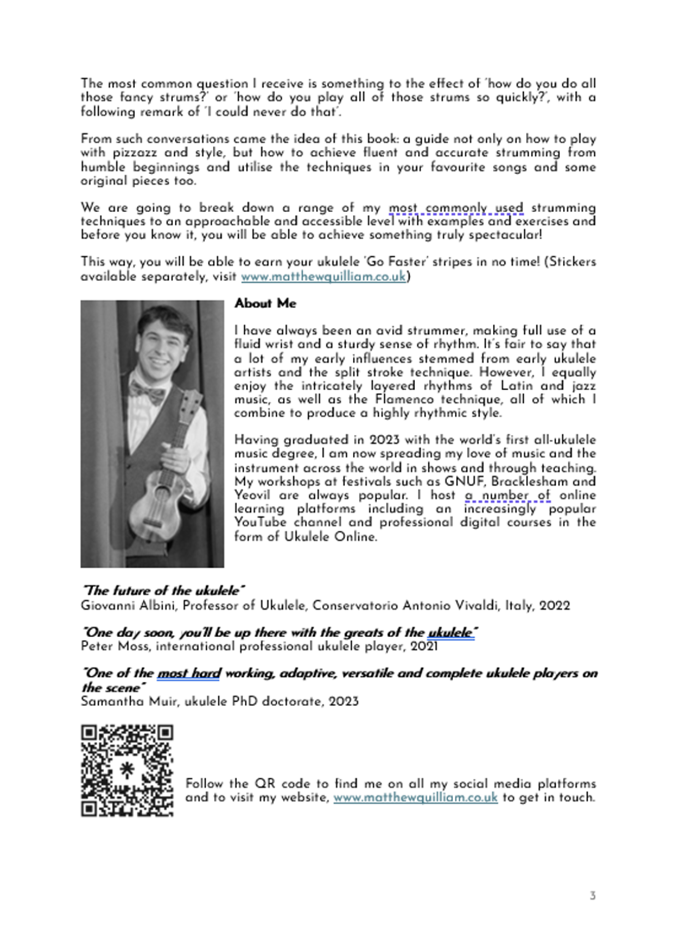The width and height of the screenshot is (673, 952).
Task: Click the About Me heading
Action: [x=265, y=303]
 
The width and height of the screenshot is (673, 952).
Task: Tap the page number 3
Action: [x=593, y=896]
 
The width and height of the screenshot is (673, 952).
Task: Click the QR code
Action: [x=127, y=770]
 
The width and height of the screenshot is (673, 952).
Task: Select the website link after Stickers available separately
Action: [x=323, y=276]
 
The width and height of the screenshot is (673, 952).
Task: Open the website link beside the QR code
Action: [x=415, y=797]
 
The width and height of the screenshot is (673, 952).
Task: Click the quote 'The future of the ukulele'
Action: [x=163, y=591]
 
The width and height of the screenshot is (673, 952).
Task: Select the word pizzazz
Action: [x=135, y=153]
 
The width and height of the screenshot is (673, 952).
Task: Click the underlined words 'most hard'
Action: [x=189, y=674]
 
